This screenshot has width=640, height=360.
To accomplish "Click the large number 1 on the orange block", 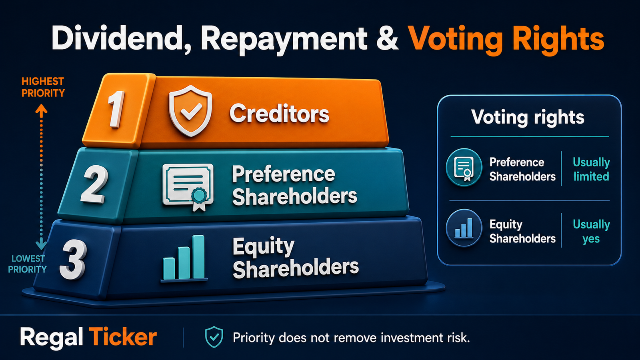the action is click(x=116, y=109).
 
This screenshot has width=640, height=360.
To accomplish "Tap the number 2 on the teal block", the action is click(x=94, y=184).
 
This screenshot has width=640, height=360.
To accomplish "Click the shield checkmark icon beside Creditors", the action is click(x=190, y=110).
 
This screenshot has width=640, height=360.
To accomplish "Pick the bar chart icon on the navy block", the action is click(x=184, y=258).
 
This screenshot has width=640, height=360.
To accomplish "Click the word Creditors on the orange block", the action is click(x=279, y=114).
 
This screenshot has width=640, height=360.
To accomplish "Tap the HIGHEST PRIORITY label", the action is click(x=43, y=87).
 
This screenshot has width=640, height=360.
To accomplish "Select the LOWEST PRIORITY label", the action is click(x=27, y=264).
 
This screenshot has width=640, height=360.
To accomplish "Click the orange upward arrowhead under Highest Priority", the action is click(x=42, y=110).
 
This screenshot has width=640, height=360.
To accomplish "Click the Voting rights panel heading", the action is click(x=528, y=118).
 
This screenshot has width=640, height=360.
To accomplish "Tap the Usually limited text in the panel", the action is click(x=592, y=169).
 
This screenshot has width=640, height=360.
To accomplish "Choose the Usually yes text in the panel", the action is click(x=592, y=232).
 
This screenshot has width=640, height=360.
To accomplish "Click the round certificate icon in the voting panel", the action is click(x=464, y=168).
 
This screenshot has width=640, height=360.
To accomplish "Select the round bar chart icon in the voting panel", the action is click(x=464, y=228).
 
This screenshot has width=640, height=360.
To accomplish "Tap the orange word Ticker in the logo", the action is click(x=123, y=338).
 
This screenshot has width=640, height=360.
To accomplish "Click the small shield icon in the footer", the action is click(x=214, y=337).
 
